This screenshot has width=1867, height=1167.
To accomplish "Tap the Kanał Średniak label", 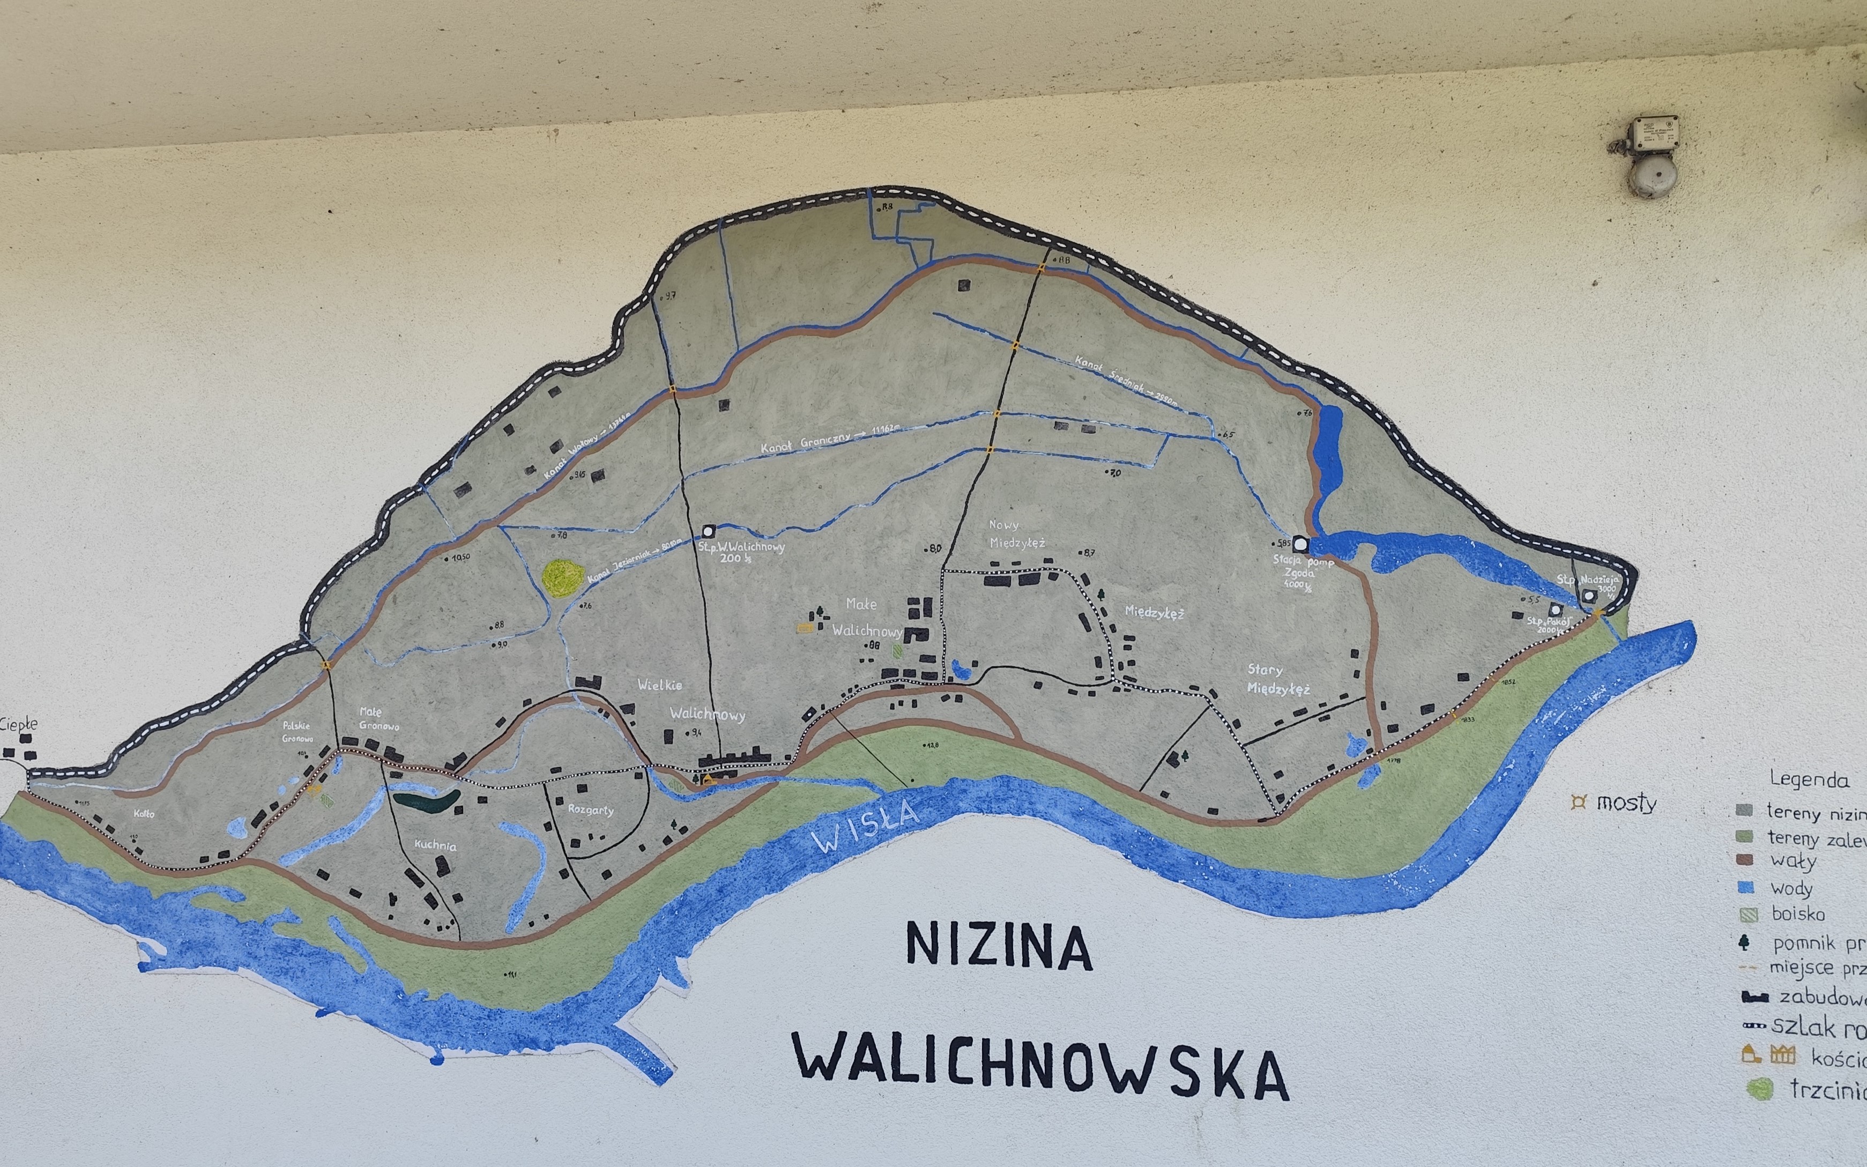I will (1126, 381).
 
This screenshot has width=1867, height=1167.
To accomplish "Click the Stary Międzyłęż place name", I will (1277, 679).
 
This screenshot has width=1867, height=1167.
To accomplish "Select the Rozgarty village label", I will (590, 809).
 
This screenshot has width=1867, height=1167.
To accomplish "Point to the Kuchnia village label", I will (435, 845).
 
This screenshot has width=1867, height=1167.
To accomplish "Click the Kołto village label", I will (144, 814).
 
